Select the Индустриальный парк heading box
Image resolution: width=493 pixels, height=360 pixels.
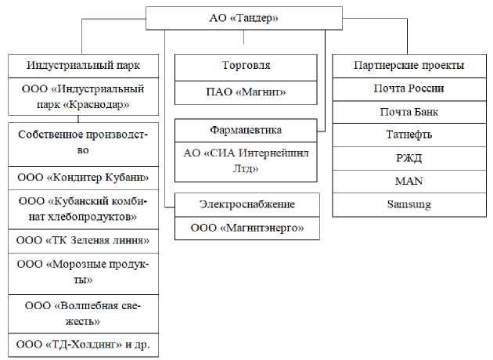[x=82, y=65]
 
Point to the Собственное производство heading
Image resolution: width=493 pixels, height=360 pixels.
[x=82, y=141]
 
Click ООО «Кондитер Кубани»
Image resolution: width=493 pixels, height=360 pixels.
[x=82, y=178]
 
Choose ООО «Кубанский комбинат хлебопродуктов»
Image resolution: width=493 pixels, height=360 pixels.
[x=82, y=208]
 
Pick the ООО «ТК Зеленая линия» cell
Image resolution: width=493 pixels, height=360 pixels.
[x=82, y=239]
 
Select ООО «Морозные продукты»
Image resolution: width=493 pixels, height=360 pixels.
[x=82, y=271]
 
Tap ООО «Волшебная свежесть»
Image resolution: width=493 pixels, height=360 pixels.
[x=82, y=311]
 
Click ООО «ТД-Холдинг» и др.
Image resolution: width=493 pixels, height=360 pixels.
[x=82, y=344]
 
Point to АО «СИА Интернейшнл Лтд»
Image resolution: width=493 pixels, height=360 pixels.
[x=246, y=160]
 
